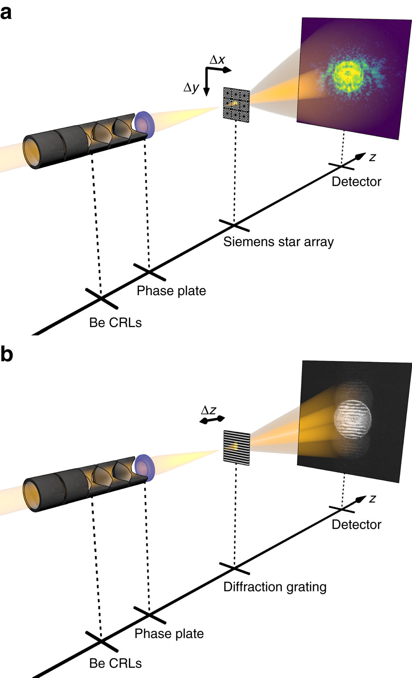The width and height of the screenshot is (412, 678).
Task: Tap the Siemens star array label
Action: click(x=278, y=242)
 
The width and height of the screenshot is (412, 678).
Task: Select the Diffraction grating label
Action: click(x=275, y=587)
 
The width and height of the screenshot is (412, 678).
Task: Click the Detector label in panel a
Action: click(x=356, y=181)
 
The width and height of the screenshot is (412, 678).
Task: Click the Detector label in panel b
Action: click(x=356, y=524)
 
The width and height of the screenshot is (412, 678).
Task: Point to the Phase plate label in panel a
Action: click(x=171, y=291)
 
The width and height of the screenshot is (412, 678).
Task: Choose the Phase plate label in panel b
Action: click(x=169, y=634)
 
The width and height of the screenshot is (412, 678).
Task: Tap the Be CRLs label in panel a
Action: click(x=115, y=322)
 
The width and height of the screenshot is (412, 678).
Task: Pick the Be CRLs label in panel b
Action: click(x=115, y=663)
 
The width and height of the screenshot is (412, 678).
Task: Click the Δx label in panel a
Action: click(x=217, y=60)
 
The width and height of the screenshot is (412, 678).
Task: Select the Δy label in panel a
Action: click(x=191, y=87)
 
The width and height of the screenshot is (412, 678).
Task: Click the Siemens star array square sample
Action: click(x=236, y=104)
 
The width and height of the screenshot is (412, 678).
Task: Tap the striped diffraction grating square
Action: click(x=236, y=447)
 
